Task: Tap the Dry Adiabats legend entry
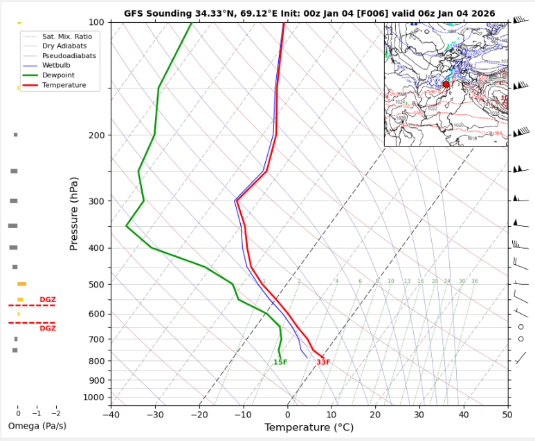pyautogui.click(x=64, y=46)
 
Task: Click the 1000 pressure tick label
pyautogui.click(x=93, y=397)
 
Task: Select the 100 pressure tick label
pyautogui.click(x=96, y=23)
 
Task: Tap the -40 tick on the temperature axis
pyautogui.click(x=111, y=415)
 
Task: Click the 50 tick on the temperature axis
pyautogui.click(x=507, y=415)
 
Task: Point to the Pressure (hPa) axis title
pyautogui.click(x=74, y=214)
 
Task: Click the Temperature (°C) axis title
pyautogui.click(x=309, y=428)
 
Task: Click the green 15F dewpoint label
pyautogui.click(x=280, y=362)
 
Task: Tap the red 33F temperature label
pyautogui.click(x=323, y=362)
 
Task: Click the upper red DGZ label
pyautogui.click(x=47, y=299)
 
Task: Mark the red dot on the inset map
pyautogui.click(x=446, y=84)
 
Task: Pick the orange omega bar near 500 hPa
pyautogui.click(x=21, y=284)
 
